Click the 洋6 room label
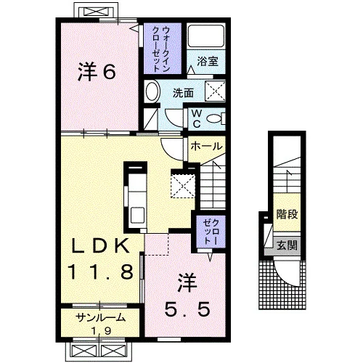pyautogui.click(x=97, y=72)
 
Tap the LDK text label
pyautogui.click(x=99, y=245)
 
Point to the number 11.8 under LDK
pyautogui.click(x=100, y=272)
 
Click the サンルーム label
pyautogui.click(x=101, y=317)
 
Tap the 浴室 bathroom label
pyautogui.click(x=208, y=61)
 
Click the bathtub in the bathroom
pyautogui.click(x=206, y=36)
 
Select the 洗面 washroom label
pyautogui.click(x=183, y=93)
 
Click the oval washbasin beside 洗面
pyautogui.click(x=152, y=91)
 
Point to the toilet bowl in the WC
pyautogui.click(x=214, y=119)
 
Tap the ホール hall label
pyautogui.click(x=206, y=146)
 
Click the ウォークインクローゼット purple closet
pyautogui.click(x=163, y=49)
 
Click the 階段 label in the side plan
pyautogui.click(x=287, y=213)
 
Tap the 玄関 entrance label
pyautogui.click(x=287, y=245)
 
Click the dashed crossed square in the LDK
pyautogui.click(x=183, y=186)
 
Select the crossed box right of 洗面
pyautogui.click(x=215, y=91)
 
